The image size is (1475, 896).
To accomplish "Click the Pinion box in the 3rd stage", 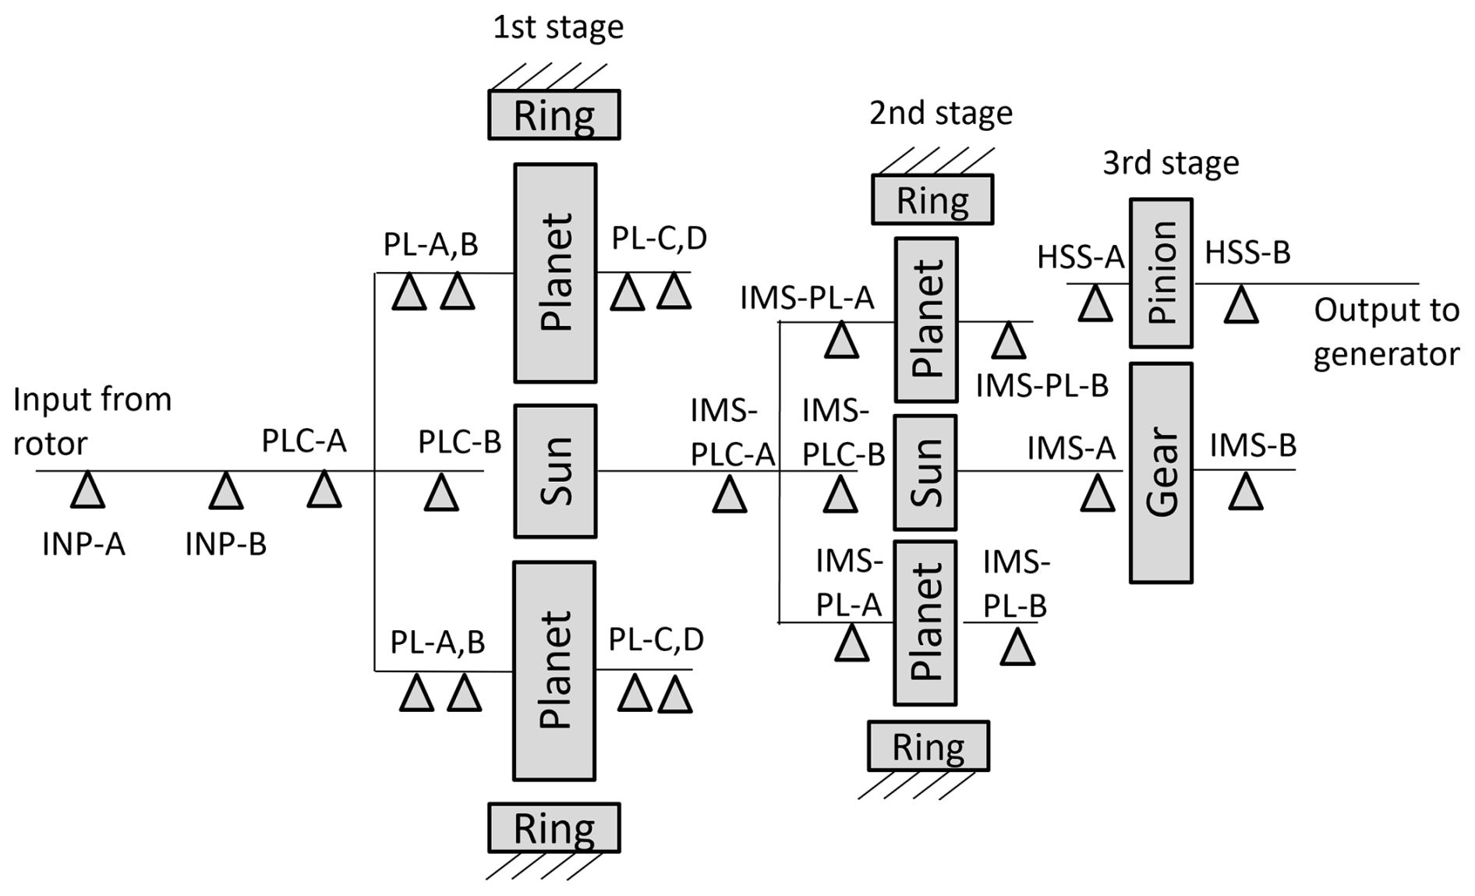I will [x=1161, y=273].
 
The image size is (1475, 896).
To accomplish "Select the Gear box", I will [x=1161, y=473].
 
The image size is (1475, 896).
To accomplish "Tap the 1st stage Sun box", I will [x=555, y=471].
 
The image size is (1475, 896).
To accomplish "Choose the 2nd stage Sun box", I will [x=925, y=473].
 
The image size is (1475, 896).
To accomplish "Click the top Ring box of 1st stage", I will [x=554, y=115].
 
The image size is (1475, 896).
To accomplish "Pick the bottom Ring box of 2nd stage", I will [x=929, y=746].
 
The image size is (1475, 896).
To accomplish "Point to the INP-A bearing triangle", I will [x=88, y=491].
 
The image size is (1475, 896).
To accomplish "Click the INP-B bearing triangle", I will [x=226, y=491].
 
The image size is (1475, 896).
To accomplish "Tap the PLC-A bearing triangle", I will [x=324, y=490].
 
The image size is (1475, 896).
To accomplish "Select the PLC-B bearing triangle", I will [x=441, y=493].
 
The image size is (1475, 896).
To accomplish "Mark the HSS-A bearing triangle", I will [x=1095, y=304].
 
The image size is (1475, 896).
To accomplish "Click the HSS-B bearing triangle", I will [x=1241, y=305].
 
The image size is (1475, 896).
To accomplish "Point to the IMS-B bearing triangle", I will [x=1246, y=492].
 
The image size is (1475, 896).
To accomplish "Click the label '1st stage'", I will [x=558, y=27].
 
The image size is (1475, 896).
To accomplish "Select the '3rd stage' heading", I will [x=1170, y=164].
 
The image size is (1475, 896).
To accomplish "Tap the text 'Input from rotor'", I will [x=92, y=421].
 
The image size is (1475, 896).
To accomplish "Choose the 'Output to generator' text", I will [x=1386, y=332].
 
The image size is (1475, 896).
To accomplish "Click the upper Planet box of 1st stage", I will [x=555, y=273].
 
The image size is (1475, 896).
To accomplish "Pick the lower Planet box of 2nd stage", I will [x=925, y=622].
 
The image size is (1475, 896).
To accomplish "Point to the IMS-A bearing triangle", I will [x=1098, y=494].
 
